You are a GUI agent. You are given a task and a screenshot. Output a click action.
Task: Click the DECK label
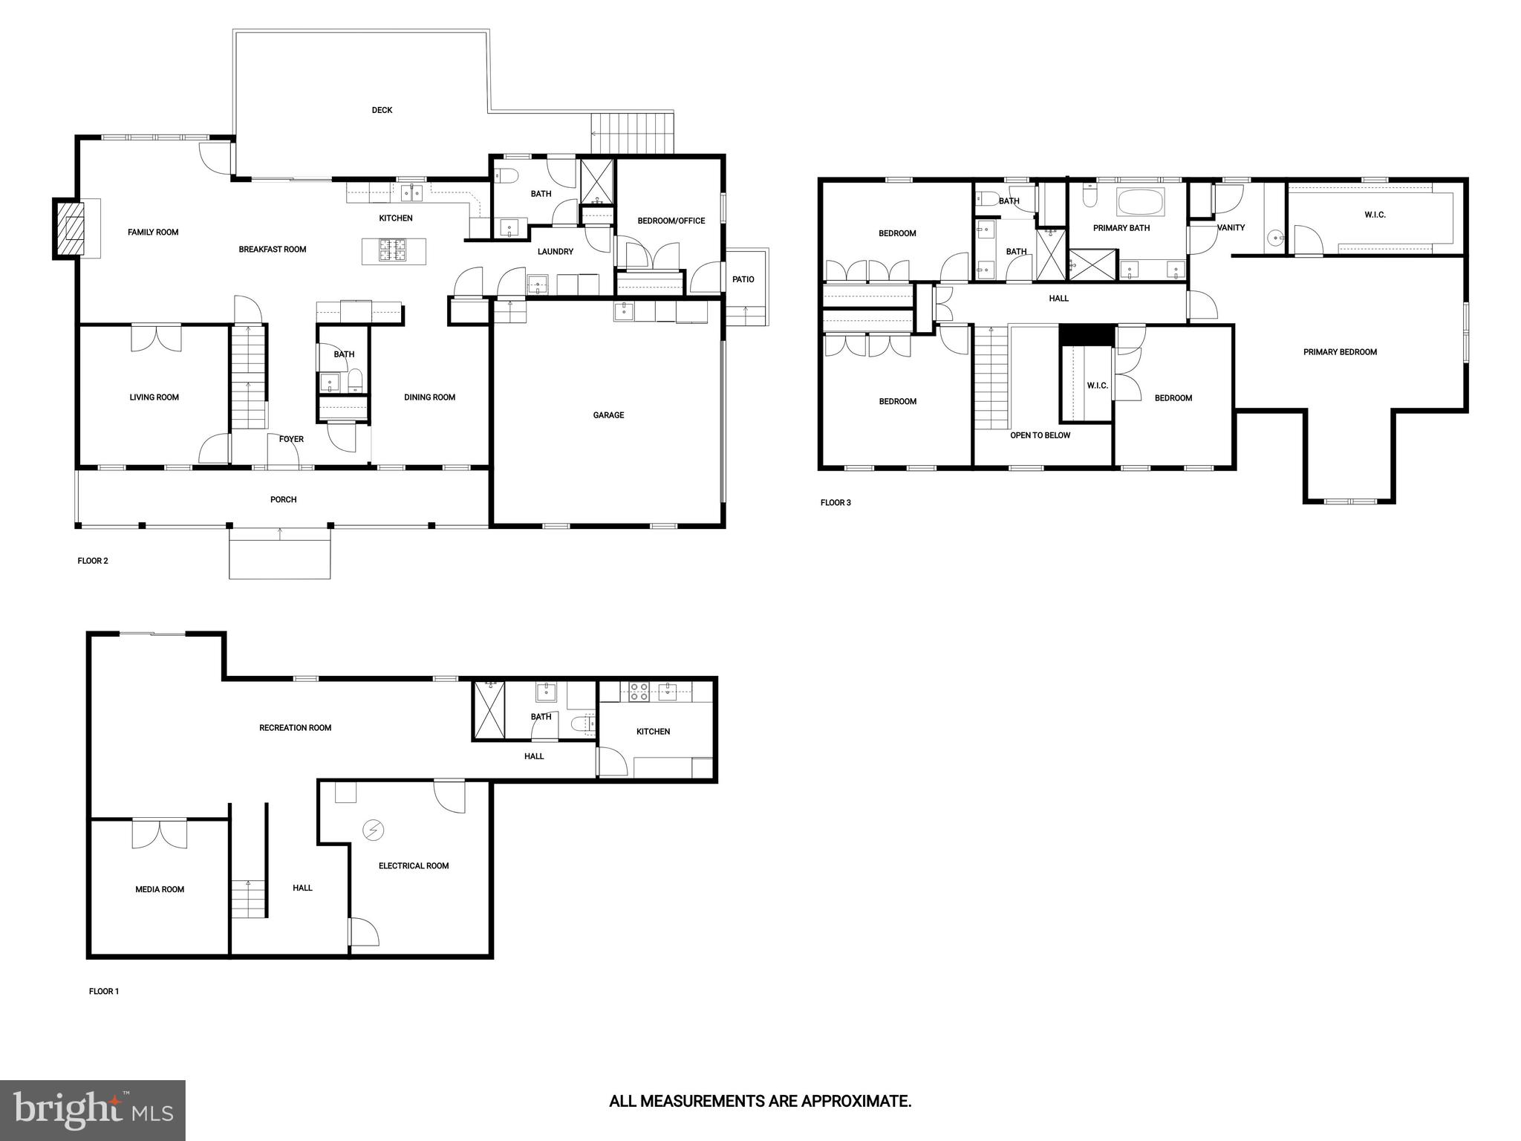point(382,110)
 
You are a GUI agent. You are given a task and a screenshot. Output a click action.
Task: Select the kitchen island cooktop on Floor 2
point(392,250)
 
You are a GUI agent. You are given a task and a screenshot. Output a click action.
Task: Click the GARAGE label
point(608,415)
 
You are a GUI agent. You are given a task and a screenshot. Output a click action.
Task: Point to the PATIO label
point(743,279)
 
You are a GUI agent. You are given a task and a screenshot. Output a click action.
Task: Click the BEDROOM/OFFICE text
point(671,221)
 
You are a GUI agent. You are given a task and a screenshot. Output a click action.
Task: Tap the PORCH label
point(283,500)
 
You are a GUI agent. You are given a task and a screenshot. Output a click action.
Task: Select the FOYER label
point(291,439)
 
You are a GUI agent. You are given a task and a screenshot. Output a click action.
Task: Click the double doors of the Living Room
point(156,337)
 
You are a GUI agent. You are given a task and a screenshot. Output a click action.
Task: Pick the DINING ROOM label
point(429,397)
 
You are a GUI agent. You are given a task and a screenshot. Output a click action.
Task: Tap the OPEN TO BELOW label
point(1040,435)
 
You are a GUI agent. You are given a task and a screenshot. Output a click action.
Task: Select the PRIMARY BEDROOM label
point(1340,352)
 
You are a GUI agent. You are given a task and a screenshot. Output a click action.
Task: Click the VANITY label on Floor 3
point(1231,227)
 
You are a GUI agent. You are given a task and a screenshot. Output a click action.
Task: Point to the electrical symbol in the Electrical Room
point(372,830)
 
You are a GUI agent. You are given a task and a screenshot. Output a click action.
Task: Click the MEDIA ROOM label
point(160,889)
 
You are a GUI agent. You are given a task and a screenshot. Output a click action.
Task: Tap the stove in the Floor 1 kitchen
point(639,692)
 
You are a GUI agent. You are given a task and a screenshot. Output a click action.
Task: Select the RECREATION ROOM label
point(295,728)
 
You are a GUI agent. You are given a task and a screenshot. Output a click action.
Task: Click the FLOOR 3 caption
point(836,503)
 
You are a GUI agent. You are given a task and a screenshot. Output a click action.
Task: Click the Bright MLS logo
point(93,1110)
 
